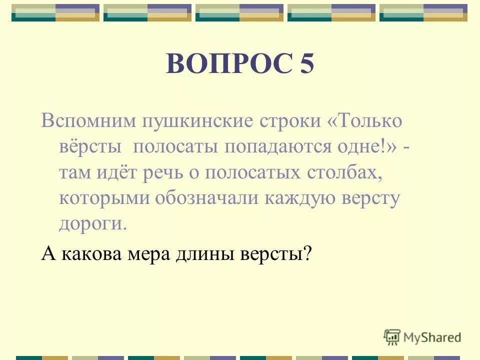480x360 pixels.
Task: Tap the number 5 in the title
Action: (307, 64)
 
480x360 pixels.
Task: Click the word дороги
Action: (93, 223)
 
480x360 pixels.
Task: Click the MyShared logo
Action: (422, 337)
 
